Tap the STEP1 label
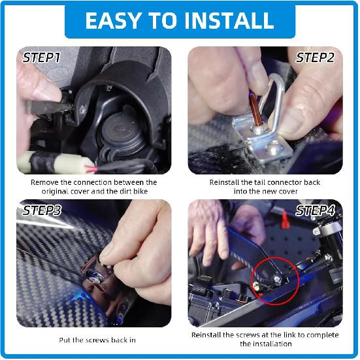[x=42, y=57]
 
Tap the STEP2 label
[x=315, y=57]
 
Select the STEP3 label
[x=42, y=210]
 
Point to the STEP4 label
[x=315, y=210]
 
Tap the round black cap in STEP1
[x=122, y=130]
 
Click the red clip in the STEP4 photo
[x=285, y=220]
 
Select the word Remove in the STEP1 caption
[x=44, y=182]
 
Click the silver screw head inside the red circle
[x=277, y=279]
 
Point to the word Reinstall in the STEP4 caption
[x=206, y=335]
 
